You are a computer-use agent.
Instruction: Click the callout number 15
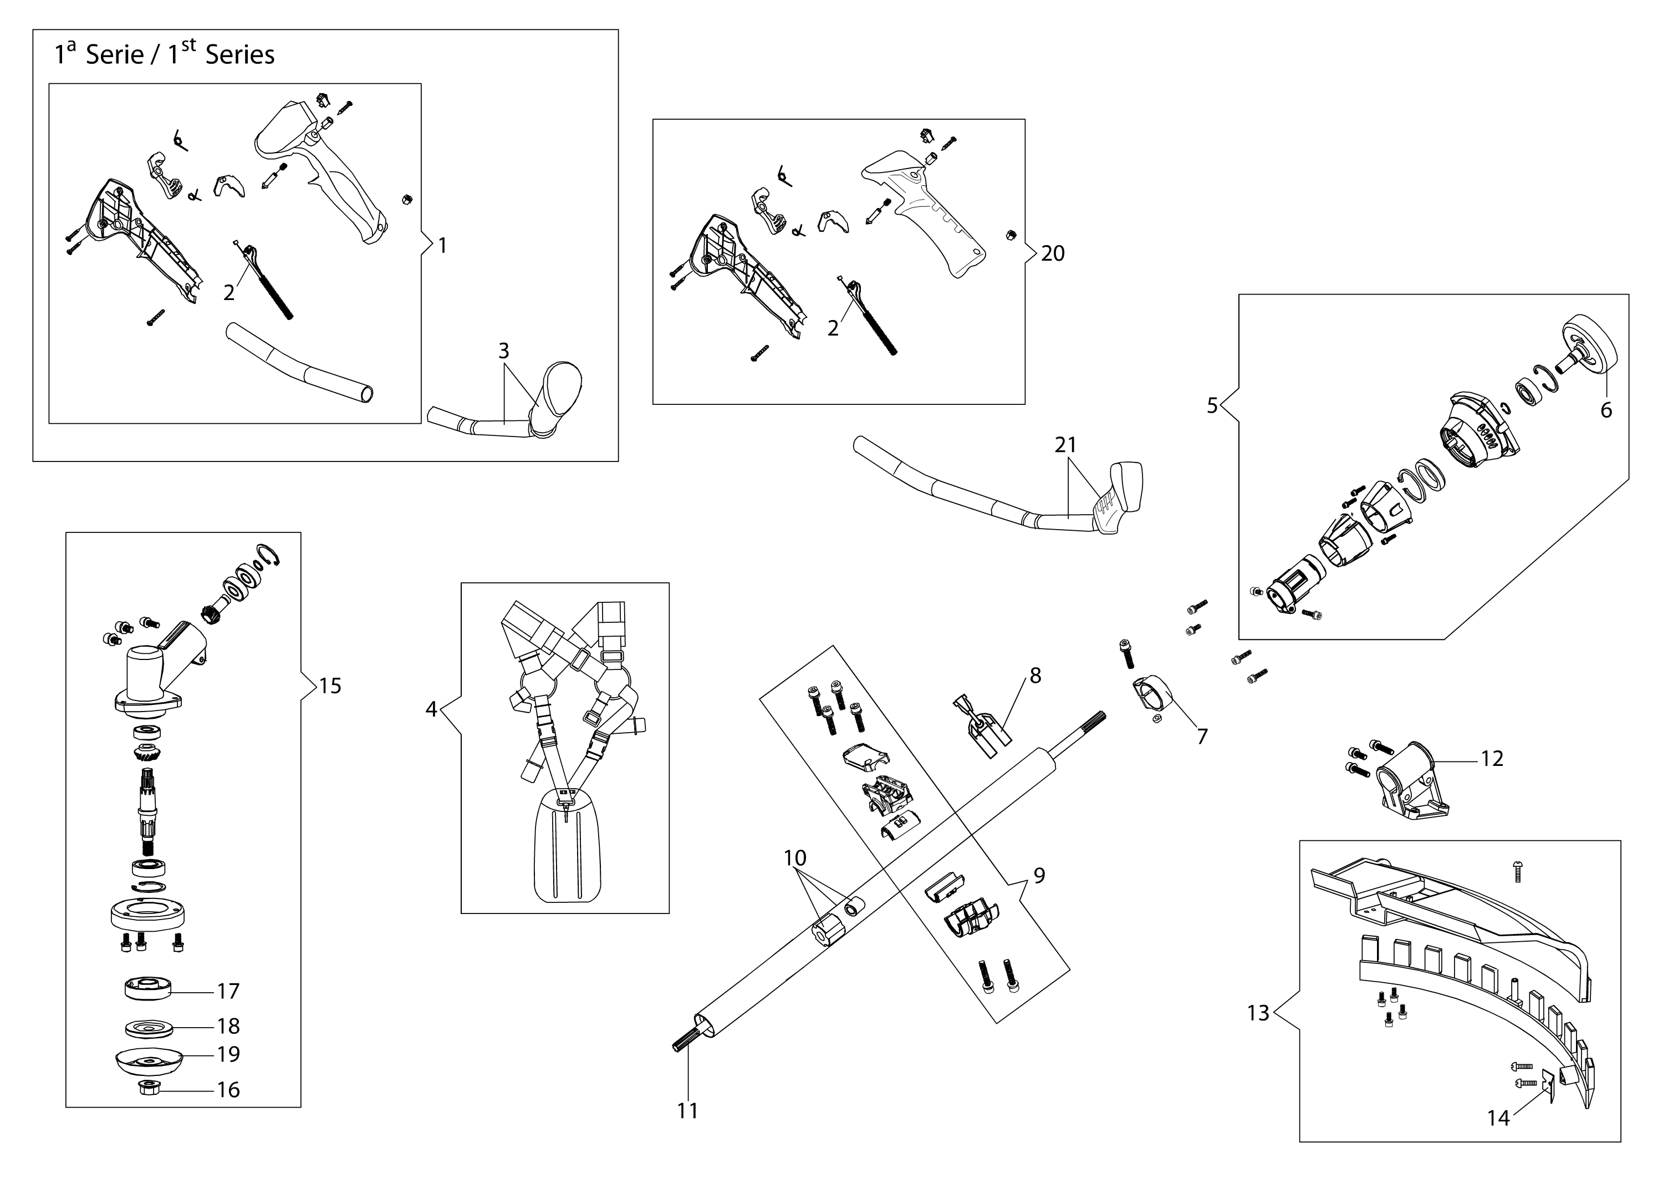(330, 686)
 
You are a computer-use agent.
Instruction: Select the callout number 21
(1065, 445)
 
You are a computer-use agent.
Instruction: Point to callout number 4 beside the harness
(431, 709)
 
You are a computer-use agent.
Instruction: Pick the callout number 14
(1498, 1119)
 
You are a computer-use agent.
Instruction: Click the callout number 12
(1492, 759)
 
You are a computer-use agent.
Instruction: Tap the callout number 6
(1606, 410)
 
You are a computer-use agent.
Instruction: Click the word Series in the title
(240, 55)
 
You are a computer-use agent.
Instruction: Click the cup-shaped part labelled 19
(149, 1060)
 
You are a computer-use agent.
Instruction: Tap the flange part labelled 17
(148, 989)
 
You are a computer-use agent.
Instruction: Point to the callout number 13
(1258, 1013)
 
